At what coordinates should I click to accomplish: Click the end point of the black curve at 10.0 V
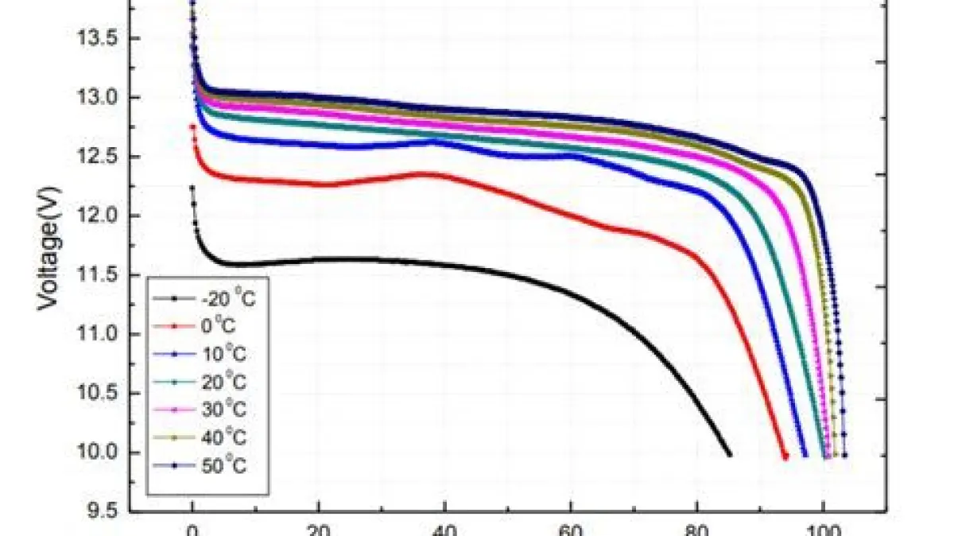(x=729, y=454)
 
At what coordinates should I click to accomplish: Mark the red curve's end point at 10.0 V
(x=785, y=456)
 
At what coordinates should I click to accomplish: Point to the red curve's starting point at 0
(x=192, y=126)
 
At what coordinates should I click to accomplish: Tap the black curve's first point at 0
(x=192, y=188)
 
